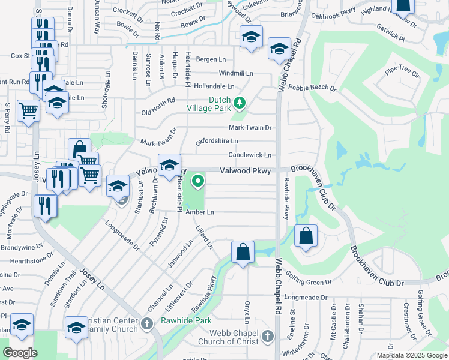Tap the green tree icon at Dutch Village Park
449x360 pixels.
240,103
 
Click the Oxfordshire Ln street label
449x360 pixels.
217,141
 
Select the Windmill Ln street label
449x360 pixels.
236,73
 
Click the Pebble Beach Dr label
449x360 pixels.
312,88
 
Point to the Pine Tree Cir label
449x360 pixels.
402,73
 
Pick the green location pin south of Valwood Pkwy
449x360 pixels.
197,179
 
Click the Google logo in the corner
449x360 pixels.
20,353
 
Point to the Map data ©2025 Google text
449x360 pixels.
411,355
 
